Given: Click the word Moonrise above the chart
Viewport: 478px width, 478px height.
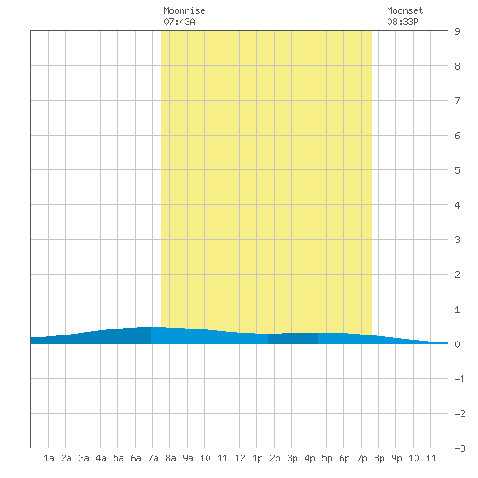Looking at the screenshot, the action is coord(184,10).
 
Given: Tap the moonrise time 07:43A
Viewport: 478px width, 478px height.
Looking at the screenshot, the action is coord(179,22).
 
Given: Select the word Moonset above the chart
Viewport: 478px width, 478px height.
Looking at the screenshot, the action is coord(405,10).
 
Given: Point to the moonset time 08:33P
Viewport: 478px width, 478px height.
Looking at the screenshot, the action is coord(402,22).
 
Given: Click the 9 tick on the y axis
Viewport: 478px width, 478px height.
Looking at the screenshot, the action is coord(457,31).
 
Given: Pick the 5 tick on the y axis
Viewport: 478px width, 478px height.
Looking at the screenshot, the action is coord(457,170).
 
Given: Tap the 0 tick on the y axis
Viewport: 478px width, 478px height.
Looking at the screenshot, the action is coord(457,344).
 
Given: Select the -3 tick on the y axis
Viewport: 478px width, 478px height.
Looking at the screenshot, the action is coord(461,448).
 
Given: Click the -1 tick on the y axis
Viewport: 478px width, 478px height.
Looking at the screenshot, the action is coord(461,379).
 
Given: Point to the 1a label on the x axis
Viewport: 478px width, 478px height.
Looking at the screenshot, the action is coord(49,458).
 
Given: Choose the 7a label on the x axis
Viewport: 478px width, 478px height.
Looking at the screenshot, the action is coord(153,458).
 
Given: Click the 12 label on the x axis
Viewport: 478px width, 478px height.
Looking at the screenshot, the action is coord(240,458).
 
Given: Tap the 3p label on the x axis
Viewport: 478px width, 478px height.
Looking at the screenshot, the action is coord(292,458).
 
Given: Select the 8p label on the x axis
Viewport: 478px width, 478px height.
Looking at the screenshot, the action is coord(379,458).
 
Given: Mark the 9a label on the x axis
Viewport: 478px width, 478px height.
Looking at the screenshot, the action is coord(188,458).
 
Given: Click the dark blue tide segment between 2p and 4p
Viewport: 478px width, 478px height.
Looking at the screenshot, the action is coord(293,338).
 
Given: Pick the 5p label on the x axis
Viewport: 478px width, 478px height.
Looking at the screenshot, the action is coord(327,458).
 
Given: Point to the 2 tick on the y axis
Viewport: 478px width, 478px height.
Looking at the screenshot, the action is coord(457,275).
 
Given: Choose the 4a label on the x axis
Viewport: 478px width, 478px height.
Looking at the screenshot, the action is coord(101,458).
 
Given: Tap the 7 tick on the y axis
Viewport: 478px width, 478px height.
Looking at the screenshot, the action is coord(457,101).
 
